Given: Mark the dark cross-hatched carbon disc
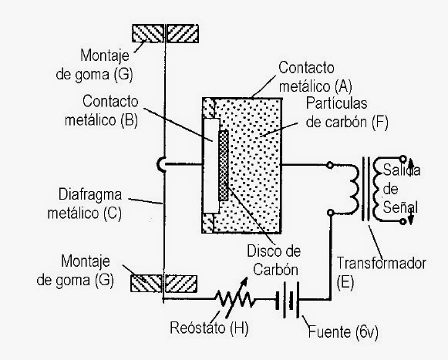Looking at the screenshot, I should [x=224, y=165].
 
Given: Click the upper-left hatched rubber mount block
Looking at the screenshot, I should [x=149, y=33].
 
